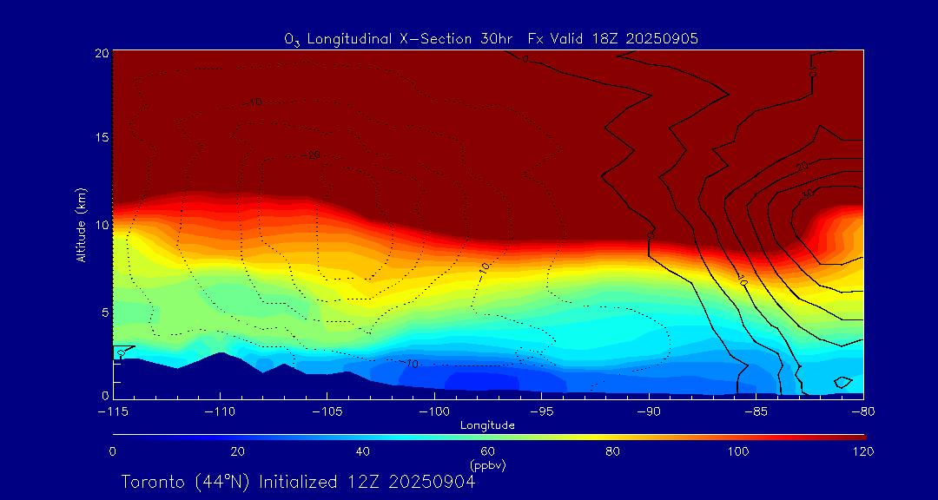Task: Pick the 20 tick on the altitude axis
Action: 101,53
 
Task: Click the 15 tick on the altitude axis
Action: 101,139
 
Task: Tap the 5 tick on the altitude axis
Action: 103,312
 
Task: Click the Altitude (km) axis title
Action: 82,224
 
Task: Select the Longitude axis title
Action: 487,425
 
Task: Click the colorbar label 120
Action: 863,451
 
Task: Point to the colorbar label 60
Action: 487,451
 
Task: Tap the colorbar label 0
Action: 113,451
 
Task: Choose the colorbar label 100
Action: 738,451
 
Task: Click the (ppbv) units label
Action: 487,464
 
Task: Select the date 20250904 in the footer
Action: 432,482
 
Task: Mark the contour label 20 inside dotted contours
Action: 314,155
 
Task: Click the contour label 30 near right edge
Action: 807,194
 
